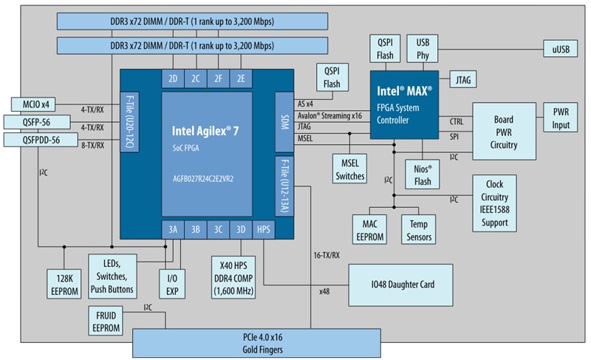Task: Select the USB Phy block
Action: click(x=423, y=48)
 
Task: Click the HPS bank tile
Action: click(x=264, y=229)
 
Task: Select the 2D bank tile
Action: click(x=173, y=78)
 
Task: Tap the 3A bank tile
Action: click(x=173, y=229)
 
